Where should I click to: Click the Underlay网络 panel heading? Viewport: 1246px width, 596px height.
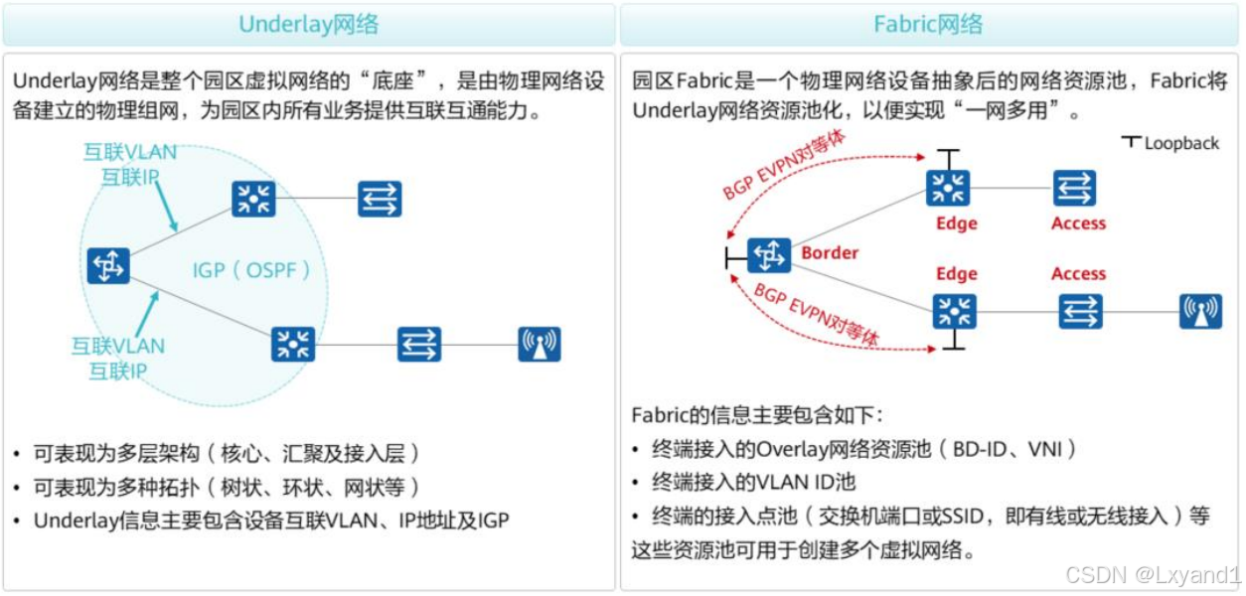click(x=308, y=24)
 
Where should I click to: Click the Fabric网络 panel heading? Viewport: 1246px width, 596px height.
click(x=928, y=24)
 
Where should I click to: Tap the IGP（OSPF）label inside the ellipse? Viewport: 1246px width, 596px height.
click(x=252, y=269)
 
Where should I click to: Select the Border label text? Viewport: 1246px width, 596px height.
click(x=830, y=252)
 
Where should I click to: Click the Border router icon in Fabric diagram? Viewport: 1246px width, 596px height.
click(x=769, y=256)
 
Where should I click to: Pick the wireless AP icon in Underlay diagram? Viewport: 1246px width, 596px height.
click(x=540, y=344)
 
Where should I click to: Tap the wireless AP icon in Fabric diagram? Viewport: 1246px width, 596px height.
click(x=1200, y=311)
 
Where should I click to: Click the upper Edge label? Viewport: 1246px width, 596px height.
click(x=957, y=223)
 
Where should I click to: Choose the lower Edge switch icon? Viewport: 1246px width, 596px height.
click(x=955, y=311)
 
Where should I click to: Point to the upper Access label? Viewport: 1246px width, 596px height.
click(x=1078, y=223)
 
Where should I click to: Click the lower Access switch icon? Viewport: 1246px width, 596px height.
click(x=1079, y=311)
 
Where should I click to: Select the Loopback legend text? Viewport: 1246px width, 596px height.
click(x=1181, y=143)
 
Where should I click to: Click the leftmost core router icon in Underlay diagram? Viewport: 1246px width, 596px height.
click(x=108, y=266)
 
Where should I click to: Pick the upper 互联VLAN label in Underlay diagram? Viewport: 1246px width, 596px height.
click(x=130, y=152)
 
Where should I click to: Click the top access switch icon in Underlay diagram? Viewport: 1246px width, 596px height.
click(x=380, y=199)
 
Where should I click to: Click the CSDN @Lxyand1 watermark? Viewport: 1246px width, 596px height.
click(x=1153, y=574)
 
